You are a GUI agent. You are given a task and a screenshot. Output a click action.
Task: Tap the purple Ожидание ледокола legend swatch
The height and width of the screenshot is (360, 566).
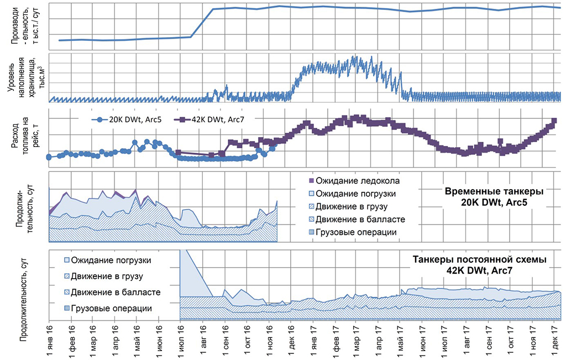[x=311, y=181]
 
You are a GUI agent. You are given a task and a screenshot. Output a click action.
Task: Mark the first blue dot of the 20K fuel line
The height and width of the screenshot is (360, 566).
[x=49, y=157]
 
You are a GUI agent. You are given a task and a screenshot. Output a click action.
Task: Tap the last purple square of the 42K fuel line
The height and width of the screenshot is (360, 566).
[x=554, y=121]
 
